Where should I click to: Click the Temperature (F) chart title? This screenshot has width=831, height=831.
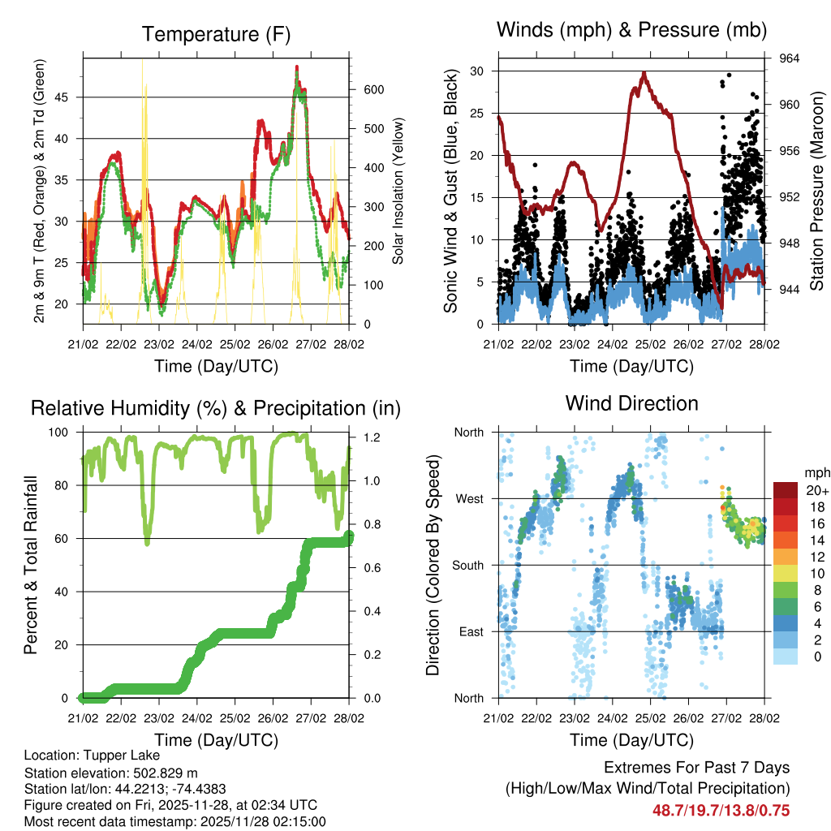(x=215, y=34)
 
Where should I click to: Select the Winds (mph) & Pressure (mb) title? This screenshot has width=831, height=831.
(x=632, y=30)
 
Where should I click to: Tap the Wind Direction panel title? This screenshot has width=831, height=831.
(x=631, y=403)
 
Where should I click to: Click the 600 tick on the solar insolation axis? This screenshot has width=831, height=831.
(x=372, y=90)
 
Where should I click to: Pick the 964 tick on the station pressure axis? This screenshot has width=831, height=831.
(x=790, y=58)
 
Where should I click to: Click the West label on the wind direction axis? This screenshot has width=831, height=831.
(x=468, y=498)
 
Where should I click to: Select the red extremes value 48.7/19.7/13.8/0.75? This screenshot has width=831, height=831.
(x=721, y=810)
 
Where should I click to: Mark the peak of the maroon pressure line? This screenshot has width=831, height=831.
(x=644, y=73)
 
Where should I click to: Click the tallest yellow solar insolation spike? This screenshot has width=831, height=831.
(x=145, y=85)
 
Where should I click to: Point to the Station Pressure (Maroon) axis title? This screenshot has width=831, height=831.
(x=817, y=191)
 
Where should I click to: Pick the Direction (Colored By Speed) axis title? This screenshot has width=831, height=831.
(x=433, y=565)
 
